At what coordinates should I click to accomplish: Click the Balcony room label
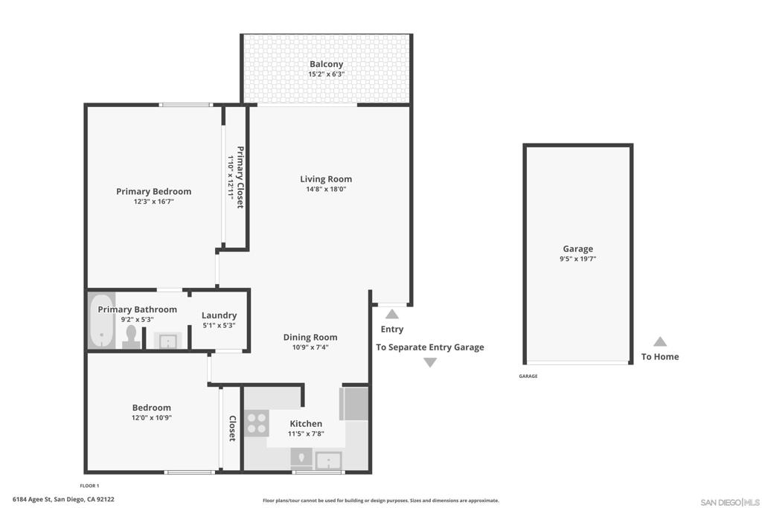(x=326, y=64)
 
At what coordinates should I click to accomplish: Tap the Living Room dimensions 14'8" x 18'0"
(x=326, y=190)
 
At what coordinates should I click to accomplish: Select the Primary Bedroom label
(x=153, y=191)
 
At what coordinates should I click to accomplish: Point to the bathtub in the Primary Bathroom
(x=101, y=321)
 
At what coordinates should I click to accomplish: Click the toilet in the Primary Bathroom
(x=131, y=337)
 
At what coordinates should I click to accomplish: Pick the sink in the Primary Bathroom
(x=168, y=341)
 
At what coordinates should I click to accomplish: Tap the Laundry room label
(x=220, y=315)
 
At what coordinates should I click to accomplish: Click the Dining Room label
(x=310, y=337)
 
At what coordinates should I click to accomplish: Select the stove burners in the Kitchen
(x=257, y=423)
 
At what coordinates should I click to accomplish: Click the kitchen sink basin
(x=329, y=460)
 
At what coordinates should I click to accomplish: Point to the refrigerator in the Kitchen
(x=354, y=404)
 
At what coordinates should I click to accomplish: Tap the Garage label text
(x=577, y=248)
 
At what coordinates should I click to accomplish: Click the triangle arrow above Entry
(x=392, y=314)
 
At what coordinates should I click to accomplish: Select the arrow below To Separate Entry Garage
(x=430, y=362)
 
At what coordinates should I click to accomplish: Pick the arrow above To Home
(x=659, y=341)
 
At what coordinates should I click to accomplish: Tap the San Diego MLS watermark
(x=730, y=502)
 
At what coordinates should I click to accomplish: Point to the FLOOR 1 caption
(x=89, y=486)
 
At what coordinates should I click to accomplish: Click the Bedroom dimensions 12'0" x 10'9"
(x=152, y=418)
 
